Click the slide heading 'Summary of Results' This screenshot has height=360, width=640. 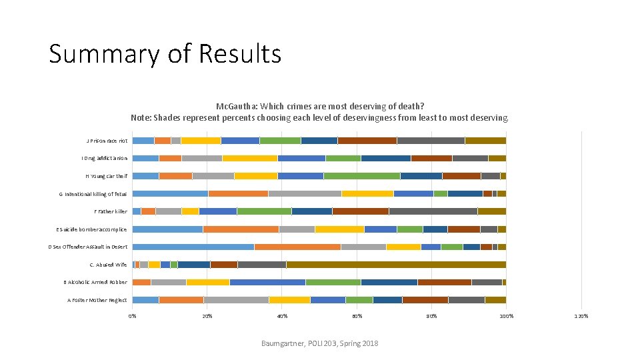[165, 53]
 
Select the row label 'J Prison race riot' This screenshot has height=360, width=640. [107, 141]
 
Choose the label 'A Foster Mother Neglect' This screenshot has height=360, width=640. [97, 300]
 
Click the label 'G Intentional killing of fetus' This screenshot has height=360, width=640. [93, 194]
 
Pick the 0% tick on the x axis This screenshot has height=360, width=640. [132, 316]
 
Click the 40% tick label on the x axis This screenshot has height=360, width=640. [282, 316]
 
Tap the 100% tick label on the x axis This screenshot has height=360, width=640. [506, 316]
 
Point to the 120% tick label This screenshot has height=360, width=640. [581, 316]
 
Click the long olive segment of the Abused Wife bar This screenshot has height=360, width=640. [396, 265]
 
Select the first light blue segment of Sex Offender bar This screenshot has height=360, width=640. [193, 247]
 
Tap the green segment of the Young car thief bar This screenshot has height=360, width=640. [361, 176]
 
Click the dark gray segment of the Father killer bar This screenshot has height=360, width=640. [433, 211]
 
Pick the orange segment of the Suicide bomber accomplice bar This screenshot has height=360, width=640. [241, 229]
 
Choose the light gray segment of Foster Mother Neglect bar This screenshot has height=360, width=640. [236, 300]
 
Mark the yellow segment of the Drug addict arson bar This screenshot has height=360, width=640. [250, 158]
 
